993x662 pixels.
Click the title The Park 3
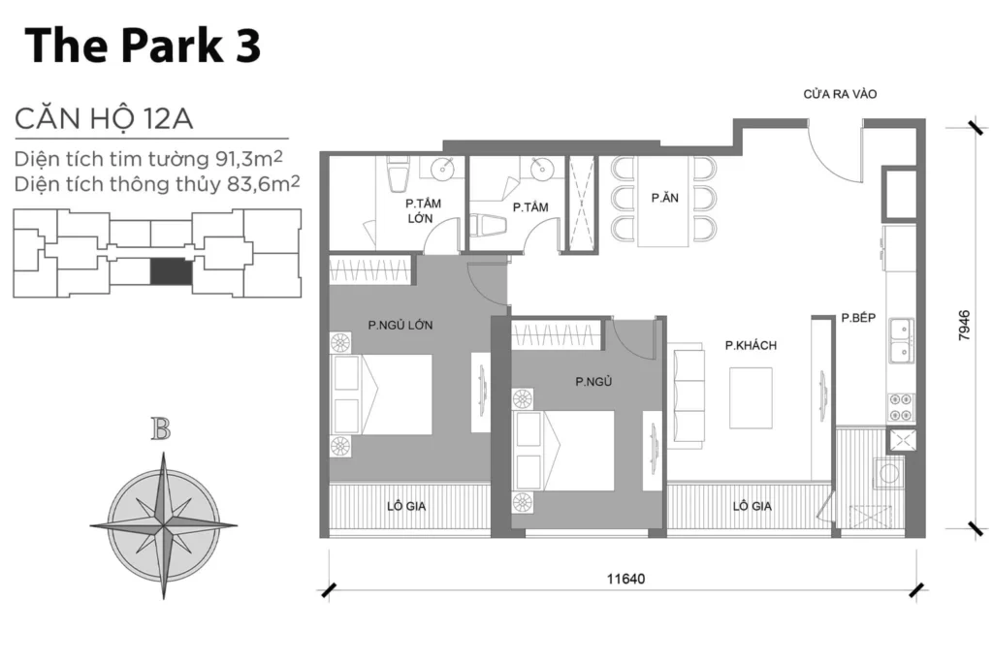(x=144, y=47)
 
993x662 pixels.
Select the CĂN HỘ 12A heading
(x=104, y=119)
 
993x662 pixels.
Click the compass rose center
(x=164, y=525)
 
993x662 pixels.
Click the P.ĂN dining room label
(x=664, y=198)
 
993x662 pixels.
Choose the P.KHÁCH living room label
(x=751, y=345)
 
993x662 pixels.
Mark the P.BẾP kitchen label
(x=859, y=317)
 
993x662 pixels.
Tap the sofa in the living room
(x=689, y=395)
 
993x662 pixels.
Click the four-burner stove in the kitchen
(x=899, y=405)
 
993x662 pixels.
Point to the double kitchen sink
(x=900, y=340)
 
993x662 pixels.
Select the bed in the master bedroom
(x=383, y=394)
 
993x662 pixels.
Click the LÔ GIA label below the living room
(x=752, y=505)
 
